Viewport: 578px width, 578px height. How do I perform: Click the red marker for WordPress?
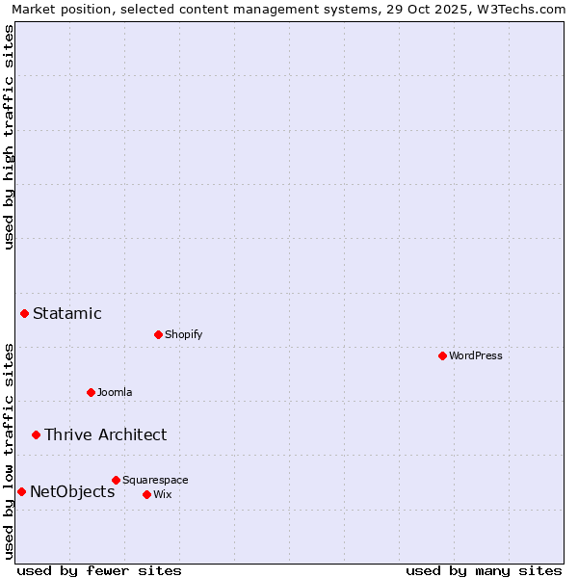(442, 355)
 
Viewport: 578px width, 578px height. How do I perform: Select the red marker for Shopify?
(158, 334)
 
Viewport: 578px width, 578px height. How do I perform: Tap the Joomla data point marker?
(91, 392)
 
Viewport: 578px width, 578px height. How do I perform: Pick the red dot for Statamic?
(24, 313)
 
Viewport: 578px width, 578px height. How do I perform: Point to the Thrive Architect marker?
(36, 434)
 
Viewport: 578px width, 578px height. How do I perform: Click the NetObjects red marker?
(21, 491)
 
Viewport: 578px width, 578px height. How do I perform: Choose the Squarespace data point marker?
(116, 480)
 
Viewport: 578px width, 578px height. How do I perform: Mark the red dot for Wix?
(146, 494)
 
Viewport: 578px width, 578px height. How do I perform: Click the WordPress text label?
(476, 355)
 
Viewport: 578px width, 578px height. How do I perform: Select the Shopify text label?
(184, 334)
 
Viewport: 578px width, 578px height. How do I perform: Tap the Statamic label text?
(67, 313)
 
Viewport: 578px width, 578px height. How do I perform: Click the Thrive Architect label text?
(106, 434)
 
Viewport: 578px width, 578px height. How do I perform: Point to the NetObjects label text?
(72, 491)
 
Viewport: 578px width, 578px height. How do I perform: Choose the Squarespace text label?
(155, 480)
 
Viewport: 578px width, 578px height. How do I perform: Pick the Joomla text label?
(115, 392)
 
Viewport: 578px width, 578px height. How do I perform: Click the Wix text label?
(162, 494)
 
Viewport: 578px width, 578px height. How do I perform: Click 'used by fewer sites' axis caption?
(99, 570)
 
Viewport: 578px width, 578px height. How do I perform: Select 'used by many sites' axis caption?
(484, 570)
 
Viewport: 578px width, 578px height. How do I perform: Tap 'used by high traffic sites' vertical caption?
(9, 137)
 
